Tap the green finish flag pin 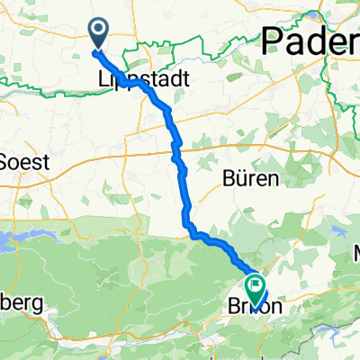coord(256,289)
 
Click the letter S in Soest coord(9,163)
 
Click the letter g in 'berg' coord(35,305)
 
